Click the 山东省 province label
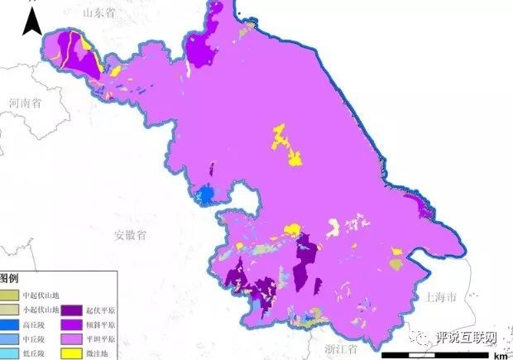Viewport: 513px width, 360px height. (x=102, y=12)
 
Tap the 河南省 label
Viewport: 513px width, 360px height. (x=26, y=103)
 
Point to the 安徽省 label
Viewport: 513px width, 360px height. (x=130, y=235)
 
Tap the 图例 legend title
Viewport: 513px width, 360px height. (x=10, y=278)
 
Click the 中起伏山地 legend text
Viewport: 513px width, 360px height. (x=41, y=295)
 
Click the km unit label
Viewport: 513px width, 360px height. (x=500, y=355)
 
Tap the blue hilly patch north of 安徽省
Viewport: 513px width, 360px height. (x=205, y=194)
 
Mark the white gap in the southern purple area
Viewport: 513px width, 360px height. (x=333, y=224)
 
